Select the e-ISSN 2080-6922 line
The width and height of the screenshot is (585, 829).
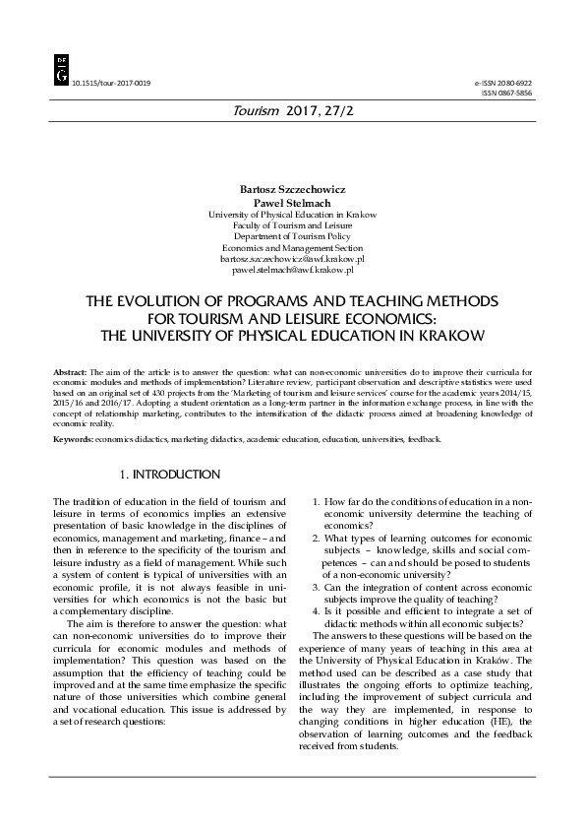[502, 86]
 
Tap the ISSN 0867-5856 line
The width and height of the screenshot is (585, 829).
[505, 96]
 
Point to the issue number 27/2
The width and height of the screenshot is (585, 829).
[337, 114]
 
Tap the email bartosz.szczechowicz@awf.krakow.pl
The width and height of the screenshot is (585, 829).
[292, 257]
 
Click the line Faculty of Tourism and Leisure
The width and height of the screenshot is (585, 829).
[292, 226]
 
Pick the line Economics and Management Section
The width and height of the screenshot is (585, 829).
[292, 247]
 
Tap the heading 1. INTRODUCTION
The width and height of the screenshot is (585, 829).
[169, 476]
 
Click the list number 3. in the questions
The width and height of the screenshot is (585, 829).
[316, 587]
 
